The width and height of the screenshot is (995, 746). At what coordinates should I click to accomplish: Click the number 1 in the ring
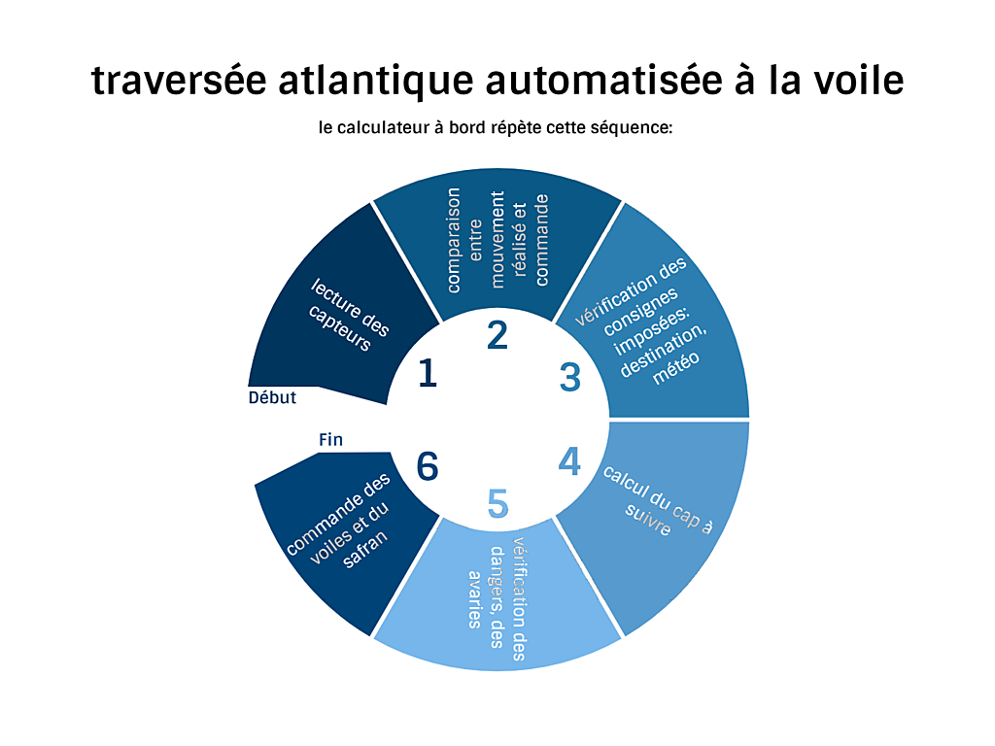pyautogui.click(x=428, y=372)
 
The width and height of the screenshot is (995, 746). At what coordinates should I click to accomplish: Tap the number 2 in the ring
pyautogui.click(x=497, y=335)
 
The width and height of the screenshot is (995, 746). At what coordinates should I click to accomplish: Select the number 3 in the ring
pyautogui.click(x=569, y=377)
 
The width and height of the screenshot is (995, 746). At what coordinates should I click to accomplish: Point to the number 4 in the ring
pyautogui.click(x=569, y=461)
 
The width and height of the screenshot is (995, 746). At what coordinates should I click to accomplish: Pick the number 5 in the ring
pyautogui.click(x=498, y=504)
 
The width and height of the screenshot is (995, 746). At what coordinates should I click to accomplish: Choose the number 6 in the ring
pyautogui.click(x=428, y=466)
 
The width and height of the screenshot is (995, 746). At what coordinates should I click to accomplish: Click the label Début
pyautogui.click(x=272, y=397)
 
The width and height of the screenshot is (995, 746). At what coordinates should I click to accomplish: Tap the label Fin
pyautogui.click(x=330, y=440)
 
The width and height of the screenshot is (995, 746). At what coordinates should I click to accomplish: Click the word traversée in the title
pyautogui.click(x=179, y=80)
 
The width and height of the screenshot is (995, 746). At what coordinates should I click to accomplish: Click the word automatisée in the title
pyautogui.click(x=603, y=80)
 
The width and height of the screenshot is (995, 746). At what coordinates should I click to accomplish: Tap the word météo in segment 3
pyautogui.click(x=676, y=367)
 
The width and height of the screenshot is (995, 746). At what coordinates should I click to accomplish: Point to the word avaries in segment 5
pyautogui.click(x=474, y=599)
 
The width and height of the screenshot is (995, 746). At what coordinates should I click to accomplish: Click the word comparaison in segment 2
pyautogui.click(x=453, y=240)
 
